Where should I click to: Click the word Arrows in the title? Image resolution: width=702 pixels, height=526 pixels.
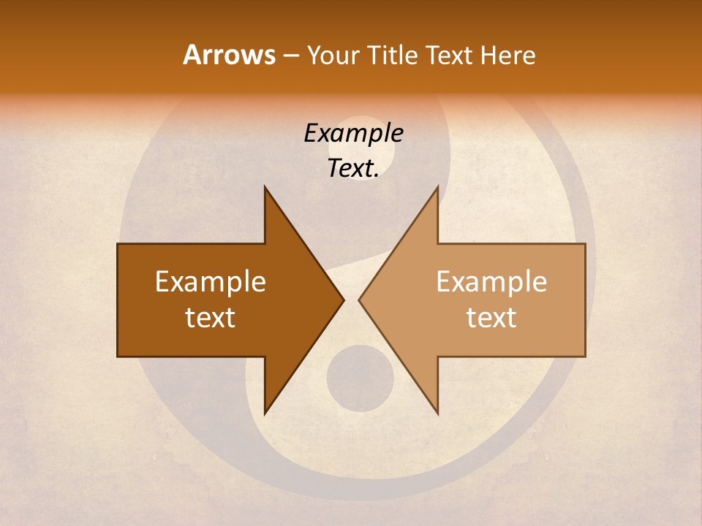coord(228,55)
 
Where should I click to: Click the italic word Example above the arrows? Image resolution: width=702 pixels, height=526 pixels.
coord(353,133)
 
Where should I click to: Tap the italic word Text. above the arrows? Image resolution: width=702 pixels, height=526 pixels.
coord(353,168)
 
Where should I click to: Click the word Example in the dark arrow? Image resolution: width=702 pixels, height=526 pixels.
coord(211,281)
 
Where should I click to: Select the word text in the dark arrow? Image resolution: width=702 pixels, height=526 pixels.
coord(211,318)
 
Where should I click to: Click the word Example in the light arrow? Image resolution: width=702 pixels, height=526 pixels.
coord(491,281)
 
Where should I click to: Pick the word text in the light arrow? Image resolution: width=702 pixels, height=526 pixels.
coord(491,318)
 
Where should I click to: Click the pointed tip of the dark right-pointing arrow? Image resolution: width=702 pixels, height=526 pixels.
coord(341,300)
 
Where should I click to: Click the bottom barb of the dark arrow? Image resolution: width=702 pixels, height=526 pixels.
coord(268,406)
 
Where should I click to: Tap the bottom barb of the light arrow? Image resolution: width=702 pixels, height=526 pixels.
coord(435,406)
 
